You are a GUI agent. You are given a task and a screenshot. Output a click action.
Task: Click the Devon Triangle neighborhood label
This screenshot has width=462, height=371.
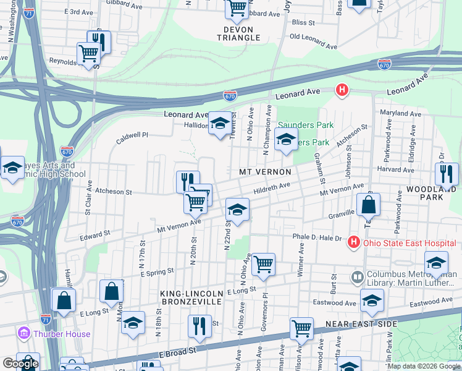pyautogui.click(x=238, y=33)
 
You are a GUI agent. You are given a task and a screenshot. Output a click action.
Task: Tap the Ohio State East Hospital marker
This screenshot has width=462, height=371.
pyautogui.click(x=353, y=242)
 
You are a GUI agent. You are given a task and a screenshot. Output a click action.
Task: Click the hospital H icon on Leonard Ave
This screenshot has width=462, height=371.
pyautogui.click(x=342, y=91)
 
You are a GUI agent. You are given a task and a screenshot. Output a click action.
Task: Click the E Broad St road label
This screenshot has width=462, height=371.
pyautogui.click(x=178, y=350)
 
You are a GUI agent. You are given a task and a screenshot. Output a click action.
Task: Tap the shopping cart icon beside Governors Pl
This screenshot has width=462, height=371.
pyautogui.click(x=264, y=265)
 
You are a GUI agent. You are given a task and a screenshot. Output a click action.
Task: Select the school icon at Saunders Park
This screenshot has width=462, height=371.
pyautogui.click(x=286, y=139)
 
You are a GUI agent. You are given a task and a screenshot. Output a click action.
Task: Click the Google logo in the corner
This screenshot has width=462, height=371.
pyautogui.click(x=20, y=364)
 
